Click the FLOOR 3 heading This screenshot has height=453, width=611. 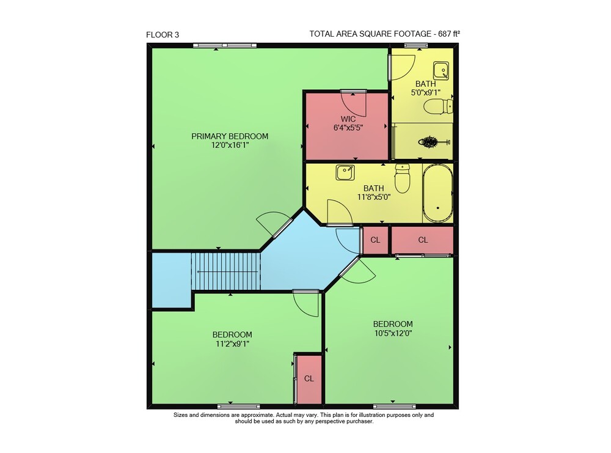pos(163,35)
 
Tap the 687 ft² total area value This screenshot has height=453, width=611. pos(449,34)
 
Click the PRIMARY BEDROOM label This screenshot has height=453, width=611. pos(230,136)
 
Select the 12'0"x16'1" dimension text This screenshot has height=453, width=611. pos(230,145)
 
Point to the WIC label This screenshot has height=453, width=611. pos(348,119)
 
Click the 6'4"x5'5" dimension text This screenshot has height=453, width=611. pos(348,128)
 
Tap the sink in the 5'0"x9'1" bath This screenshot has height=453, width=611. pos(441,71)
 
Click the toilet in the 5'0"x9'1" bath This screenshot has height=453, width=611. pos(438,106)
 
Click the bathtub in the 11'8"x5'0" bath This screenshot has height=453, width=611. pos(437,193)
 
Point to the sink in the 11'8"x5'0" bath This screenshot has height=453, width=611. pos(345,172)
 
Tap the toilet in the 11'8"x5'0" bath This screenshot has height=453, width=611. pos(403,179)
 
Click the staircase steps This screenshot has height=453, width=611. pos(225,271)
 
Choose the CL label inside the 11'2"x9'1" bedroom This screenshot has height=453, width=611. pos(309,378)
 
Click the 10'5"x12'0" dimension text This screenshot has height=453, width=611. pos(393,333)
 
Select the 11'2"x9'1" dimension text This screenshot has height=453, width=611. pos(232,344)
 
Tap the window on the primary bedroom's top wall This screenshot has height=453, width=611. pos(225,46)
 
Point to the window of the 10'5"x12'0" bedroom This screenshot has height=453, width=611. pos(394,407)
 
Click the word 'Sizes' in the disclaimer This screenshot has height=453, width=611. pos(180,415)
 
